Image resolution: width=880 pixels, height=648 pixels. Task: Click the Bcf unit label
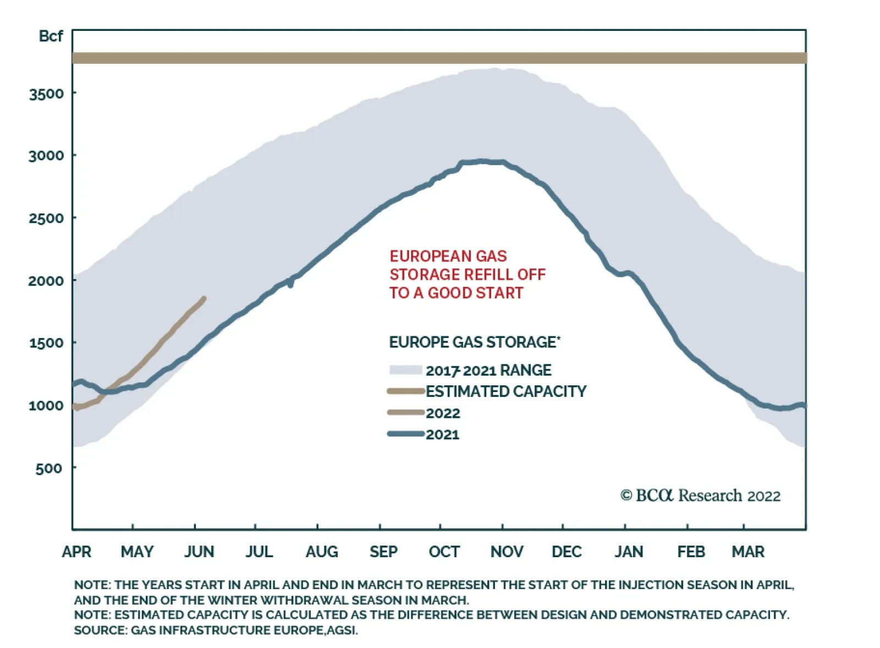tap(51, 36)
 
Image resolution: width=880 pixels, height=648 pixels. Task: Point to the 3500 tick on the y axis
tap(46, 94)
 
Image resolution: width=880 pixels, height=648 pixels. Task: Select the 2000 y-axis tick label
tap(46, 281)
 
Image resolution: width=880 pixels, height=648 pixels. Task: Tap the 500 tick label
tap(48, 469)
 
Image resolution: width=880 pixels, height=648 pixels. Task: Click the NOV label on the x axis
tap(507, 552)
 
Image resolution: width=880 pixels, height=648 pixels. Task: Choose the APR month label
tap(76, 552)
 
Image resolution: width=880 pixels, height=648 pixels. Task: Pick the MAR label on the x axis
tap(747, 552)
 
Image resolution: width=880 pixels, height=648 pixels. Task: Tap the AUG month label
tap(322, 552)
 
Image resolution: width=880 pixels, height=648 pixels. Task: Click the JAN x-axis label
tap(629, 552)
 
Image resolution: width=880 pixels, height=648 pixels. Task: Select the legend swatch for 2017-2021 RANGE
tap(405, 370)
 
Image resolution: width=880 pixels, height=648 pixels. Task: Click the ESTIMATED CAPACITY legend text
tap(506, 391)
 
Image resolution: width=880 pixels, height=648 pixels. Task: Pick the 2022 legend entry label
tap(443, 413)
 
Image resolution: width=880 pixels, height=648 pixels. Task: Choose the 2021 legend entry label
tap(442, 434)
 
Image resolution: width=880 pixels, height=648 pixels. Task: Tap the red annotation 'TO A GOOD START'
tap(456, 293)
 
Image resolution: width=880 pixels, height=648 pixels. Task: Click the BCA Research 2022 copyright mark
tap(700, 495)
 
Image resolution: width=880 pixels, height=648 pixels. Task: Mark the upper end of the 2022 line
tap(204, 299)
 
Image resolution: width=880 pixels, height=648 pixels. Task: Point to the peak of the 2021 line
tap(482, 161)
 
